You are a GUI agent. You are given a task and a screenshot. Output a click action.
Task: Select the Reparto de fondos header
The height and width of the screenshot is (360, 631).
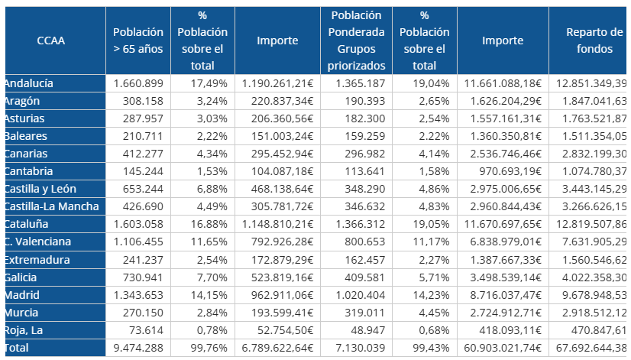[594, 41]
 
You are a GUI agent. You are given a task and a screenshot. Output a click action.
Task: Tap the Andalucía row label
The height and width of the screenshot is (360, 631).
[28, 83]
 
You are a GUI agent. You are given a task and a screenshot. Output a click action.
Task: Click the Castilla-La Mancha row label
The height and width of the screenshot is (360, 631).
[50, 206]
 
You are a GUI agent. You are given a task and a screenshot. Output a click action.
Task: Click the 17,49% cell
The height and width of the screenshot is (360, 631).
[202, 83]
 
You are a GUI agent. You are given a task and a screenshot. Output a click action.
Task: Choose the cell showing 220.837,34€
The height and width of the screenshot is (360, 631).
[277, 100]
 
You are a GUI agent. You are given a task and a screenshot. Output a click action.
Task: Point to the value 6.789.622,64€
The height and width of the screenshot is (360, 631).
[277, 348]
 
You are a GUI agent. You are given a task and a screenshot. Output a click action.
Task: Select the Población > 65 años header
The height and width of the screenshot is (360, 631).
[138, 41]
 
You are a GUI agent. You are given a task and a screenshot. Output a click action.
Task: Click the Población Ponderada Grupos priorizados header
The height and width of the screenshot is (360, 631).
[356, 41]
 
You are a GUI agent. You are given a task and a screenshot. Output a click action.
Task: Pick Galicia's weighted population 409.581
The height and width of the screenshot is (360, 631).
[356, 277]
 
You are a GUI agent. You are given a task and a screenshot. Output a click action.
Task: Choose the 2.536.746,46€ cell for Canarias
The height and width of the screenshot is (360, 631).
[502, 154]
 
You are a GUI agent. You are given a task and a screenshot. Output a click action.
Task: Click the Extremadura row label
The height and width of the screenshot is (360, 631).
[37, 260]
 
